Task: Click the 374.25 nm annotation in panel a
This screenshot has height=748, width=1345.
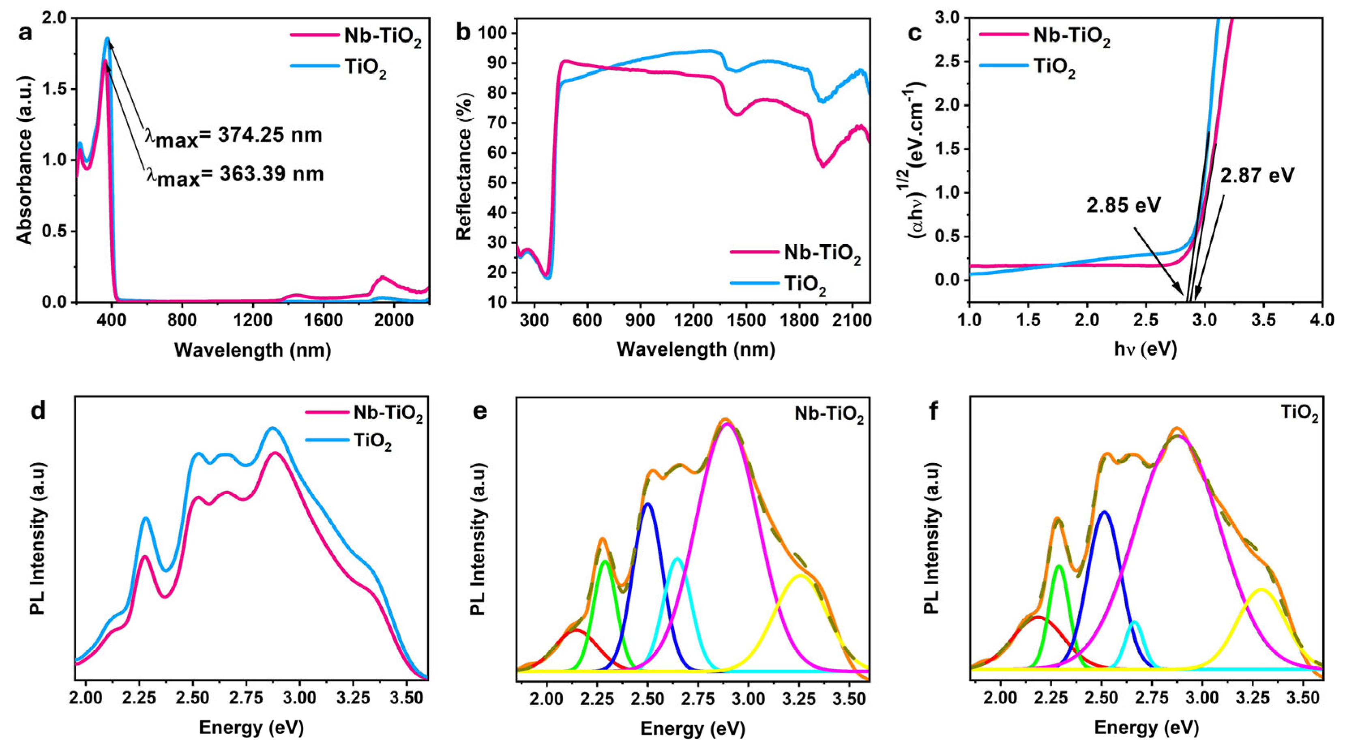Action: coord(234,136)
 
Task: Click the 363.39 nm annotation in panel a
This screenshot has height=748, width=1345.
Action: coord(234,174)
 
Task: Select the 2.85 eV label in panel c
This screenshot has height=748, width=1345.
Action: coord(1124,205)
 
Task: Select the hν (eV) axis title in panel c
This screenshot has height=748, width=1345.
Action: coord(1146,349)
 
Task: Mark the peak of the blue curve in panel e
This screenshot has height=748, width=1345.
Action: coord(648,503)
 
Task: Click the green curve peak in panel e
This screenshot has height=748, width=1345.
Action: coord(605,561)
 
